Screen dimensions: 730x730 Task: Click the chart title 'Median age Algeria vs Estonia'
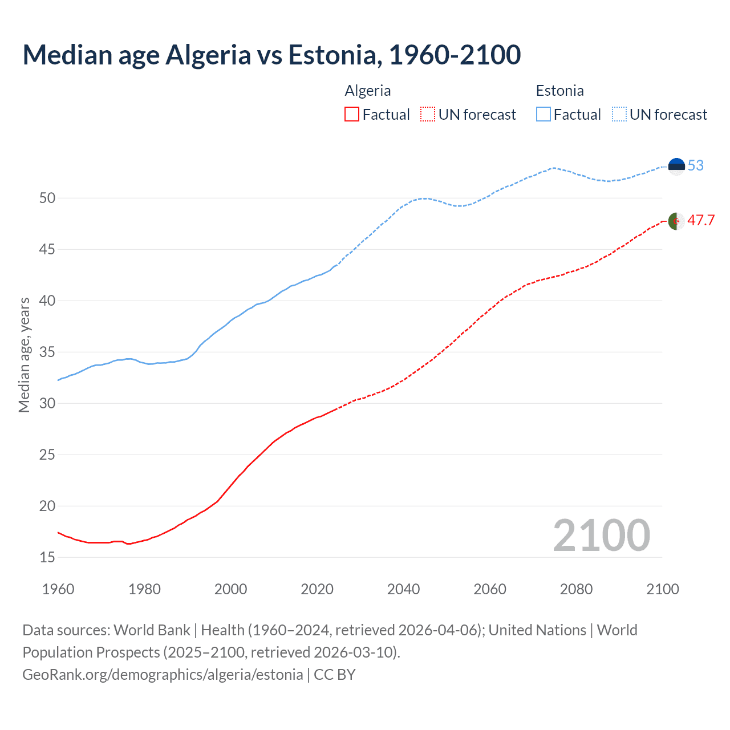271,55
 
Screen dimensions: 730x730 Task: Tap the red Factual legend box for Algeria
352,115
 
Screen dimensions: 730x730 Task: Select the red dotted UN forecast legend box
428,115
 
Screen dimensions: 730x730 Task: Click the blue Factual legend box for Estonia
544,115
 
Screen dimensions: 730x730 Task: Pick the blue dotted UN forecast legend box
619,115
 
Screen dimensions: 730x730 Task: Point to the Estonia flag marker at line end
676,166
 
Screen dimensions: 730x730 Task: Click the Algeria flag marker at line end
676,221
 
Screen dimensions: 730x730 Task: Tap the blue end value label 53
696,165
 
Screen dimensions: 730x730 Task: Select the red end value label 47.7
701,221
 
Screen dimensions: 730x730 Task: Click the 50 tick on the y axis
47,198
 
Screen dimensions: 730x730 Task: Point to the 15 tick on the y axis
47,557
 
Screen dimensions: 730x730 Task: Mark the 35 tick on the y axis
47,352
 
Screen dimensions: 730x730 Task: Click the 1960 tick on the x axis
58,589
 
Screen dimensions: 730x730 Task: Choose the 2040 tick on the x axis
403,589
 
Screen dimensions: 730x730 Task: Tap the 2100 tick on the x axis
662,589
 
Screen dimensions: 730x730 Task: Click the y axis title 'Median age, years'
24,355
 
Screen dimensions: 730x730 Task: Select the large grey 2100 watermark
601,535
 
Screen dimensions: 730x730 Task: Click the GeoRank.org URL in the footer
163,675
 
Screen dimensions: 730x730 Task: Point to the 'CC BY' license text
335,675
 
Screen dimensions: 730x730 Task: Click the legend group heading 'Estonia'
559,91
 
